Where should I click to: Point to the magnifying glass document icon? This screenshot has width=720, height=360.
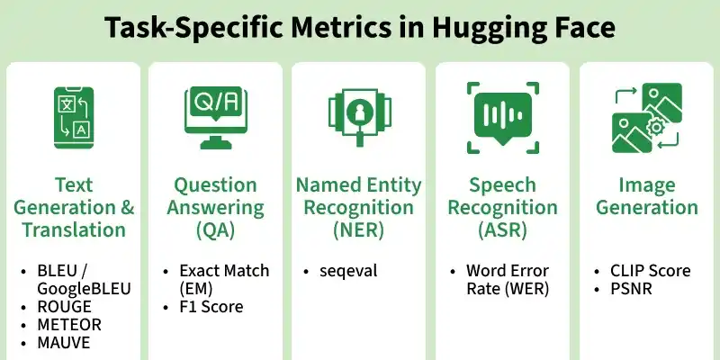coord(359,116)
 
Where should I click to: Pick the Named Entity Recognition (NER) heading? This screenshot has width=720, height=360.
coord(359,208)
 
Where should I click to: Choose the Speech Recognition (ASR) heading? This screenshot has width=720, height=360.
coord(503,208)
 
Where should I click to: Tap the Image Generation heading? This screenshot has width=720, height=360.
coord(646,196)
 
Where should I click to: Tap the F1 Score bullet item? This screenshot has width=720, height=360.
coord(211,306)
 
